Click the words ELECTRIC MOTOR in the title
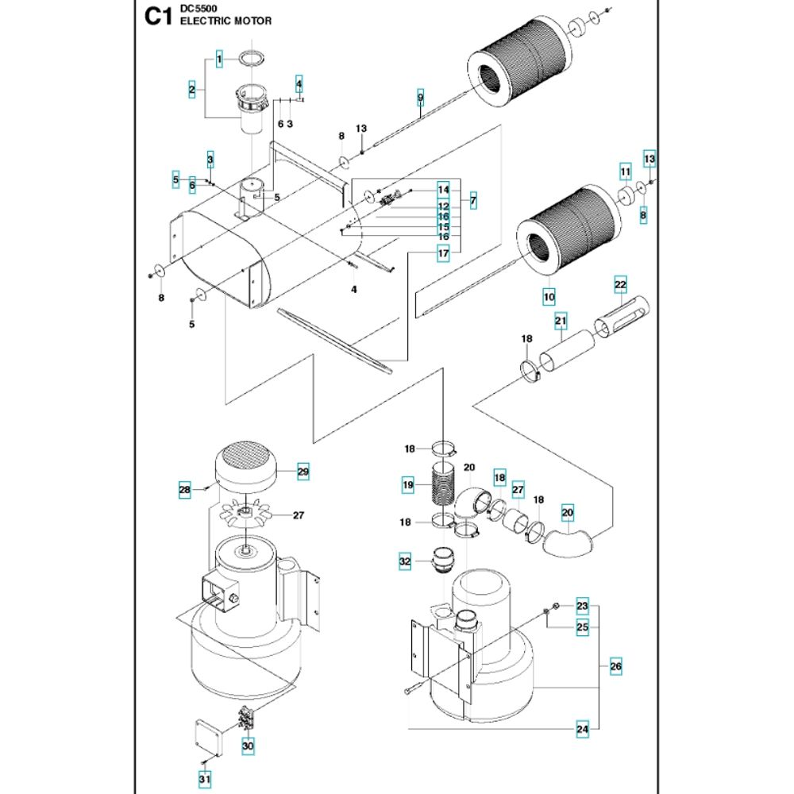point(225,21)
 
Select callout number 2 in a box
point(192,91)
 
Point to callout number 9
point(421,98)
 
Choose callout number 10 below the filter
point(548,298)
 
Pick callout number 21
point(561,322)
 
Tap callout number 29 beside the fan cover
point(303,472)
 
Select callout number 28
point(184,491)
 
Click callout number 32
point(405,562)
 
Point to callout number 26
point(615,667)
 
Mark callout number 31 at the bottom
point(205,781)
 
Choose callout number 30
point(248,746)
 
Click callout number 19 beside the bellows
point(408,484)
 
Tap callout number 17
point(443,253)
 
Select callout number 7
point(472,200)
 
